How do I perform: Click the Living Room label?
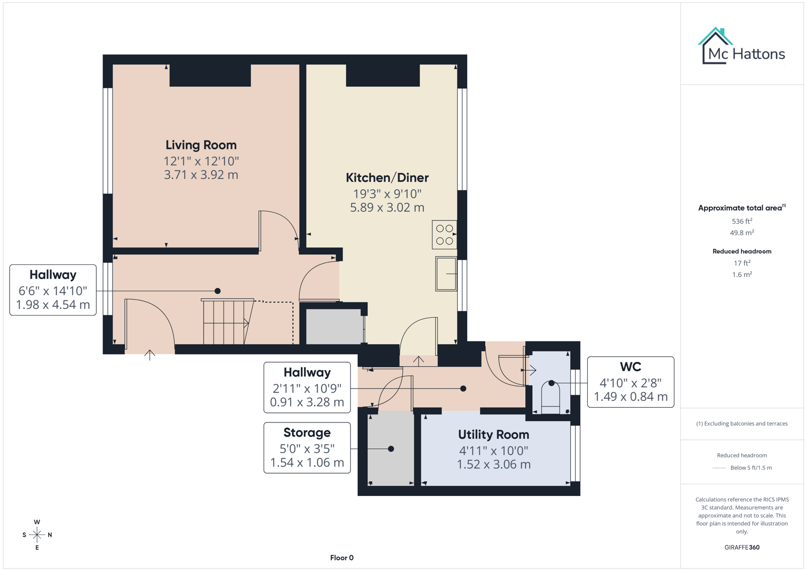201,145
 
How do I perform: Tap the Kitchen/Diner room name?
387,178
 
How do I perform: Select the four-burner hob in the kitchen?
444,235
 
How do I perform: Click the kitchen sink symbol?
446,273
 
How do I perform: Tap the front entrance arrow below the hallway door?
150,355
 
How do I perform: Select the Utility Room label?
493,435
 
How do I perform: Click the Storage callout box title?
307,432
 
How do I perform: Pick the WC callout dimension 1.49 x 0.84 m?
630,397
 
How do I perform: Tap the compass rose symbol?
37,535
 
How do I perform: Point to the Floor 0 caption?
341,558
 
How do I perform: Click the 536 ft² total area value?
741,221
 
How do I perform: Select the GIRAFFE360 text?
741,547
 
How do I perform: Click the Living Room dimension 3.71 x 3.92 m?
201,175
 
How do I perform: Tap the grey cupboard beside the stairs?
334,326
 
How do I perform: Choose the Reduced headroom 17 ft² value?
741,263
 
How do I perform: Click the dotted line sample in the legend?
719,468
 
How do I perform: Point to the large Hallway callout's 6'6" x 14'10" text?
53,291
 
